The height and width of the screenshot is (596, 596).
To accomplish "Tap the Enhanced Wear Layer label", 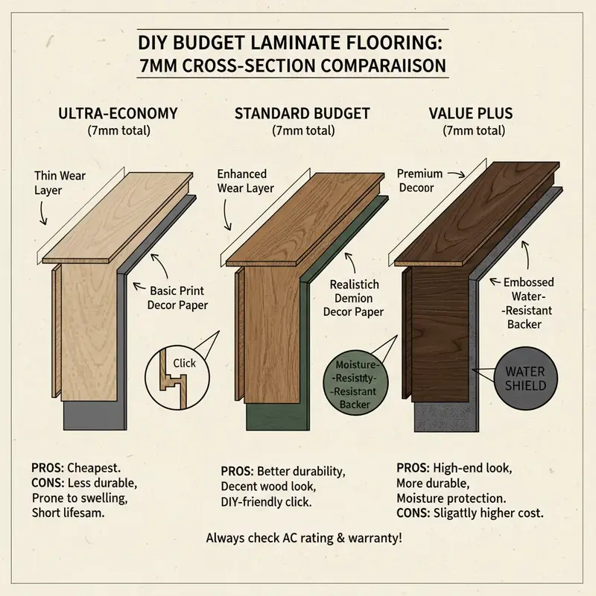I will pyautogui.click(x=246, y=180).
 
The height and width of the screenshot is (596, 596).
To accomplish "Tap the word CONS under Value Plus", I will pyautogui.click(x=411, y=513).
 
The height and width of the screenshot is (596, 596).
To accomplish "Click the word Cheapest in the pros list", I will pyautogui.click(x=94, y=469).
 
